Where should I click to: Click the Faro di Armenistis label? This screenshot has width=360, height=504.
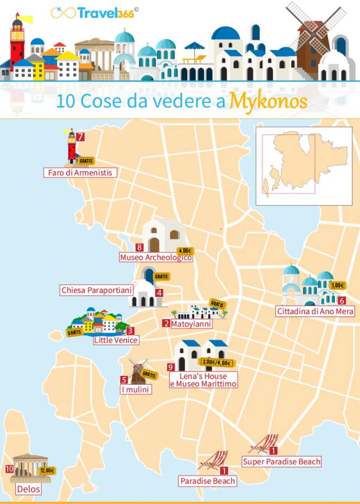pyautogui.click(x=80, y=173)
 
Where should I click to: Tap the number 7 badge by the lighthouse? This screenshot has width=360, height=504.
pyautogui.click(x=81, y=137)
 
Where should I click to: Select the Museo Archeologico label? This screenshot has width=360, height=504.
pyautogui.click(x=156, y=258)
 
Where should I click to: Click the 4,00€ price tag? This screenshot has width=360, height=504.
pyautogui.click(x=184, y=251)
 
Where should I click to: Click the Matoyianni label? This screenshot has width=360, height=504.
pyautogui.click(x=191, y=323)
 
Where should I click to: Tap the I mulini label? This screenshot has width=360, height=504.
pyautogui.click(x=135, y=389)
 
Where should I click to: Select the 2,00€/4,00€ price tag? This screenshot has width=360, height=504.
pyautogui.click(x=217, y=362)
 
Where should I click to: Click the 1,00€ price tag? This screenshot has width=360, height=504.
pyautogui.click(x=338, y=285)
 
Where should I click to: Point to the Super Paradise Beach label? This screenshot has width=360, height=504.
pyautogui.click(x=282, y=461)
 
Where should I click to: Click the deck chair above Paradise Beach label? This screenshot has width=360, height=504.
pyautogui.click(x=213, y=460)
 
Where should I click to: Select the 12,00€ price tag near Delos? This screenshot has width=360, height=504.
pyautogui.click(x=47, y=470)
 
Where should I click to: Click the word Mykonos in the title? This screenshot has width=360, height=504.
pyautogui.click(x=269, y=101)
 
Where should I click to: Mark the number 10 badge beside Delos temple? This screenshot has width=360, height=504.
pyautogui.click(x=10, y=469)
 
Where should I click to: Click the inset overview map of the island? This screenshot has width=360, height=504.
pyautogui.click(x=305, y=166)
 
